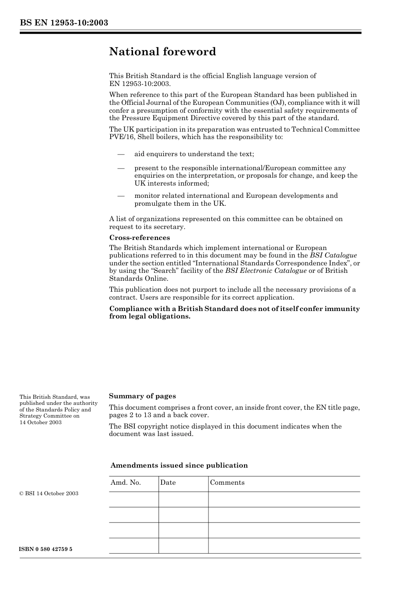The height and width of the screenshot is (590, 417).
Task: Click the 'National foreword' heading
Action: (162, 52)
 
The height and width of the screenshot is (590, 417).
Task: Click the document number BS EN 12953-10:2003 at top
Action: (64, 23)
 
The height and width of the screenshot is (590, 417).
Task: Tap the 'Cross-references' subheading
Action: (139, 238)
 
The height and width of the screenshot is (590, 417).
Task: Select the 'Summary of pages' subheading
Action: (142, 396)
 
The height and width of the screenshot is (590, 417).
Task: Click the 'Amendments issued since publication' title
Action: (179, 465)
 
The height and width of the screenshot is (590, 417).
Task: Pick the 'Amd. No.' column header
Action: (126, 483)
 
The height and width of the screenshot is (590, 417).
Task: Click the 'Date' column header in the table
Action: (168, 483)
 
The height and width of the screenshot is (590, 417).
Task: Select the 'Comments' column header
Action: (227, 483)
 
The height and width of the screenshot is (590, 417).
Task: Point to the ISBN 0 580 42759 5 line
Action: (46, 549)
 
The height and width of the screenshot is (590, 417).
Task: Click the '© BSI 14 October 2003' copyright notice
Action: (49, 493)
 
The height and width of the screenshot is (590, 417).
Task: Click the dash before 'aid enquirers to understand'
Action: (121, 154)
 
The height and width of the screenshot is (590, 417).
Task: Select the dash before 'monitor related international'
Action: (121, 196)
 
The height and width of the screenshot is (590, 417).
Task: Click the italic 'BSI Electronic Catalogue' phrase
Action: (266, 271)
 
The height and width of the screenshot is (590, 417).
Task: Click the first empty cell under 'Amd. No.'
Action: (133, 499)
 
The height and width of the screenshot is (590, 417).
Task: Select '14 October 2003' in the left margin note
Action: (40, 422)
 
